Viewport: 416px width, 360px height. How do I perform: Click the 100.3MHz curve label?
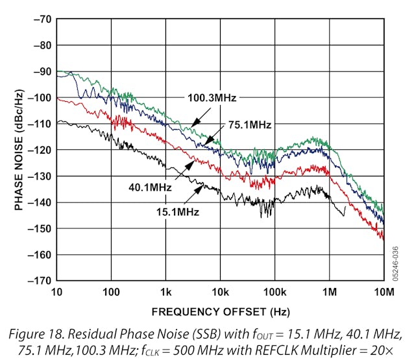point(212,98)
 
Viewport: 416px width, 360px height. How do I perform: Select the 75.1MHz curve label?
point(249,125)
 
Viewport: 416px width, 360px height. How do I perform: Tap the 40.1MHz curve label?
point(150,187)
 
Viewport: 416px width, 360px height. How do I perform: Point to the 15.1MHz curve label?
point(177,211)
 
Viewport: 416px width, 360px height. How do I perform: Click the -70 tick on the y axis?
point(40,19)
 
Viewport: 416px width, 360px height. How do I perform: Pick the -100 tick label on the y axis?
point(37,97)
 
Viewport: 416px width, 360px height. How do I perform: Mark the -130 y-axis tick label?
point(37,176)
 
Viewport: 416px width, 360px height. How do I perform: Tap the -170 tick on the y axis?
point(37,281)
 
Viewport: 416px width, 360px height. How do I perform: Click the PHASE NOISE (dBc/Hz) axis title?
point(20,150)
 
